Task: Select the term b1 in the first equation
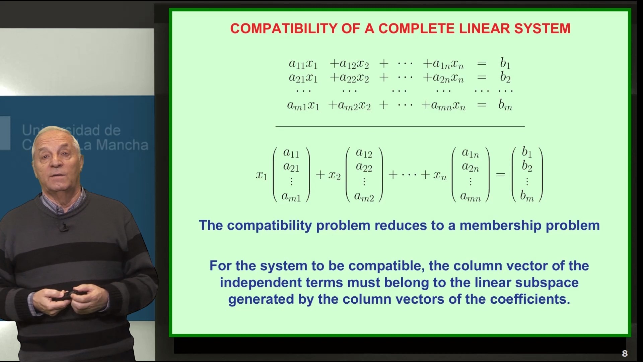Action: click(x=505, y=63)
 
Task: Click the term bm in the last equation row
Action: click(x=505, y=105)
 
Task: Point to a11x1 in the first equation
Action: click(x=303, y=64)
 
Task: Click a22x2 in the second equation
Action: click(x=349, y=78)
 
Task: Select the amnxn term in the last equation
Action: click(x=443, y=106)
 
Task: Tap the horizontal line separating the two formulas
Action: click(x=400, y=126)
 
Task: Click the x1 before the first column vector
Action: click(x=262, y=175)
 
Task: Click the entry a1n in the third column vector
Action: click(x=470, y=153)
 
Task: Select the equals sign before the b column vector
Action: click(x=500, y=175)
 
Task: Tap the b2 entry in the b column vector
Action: click(x=527, y=166)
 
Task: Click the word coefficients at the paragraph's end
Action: click(x=530, y=299)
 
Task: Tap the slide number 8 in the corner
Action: click(x=625, y=353)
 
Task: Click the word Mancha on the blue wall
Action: click(x=122, y=145)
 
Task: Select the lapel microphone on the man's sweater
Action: click(x=64, y=228)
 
